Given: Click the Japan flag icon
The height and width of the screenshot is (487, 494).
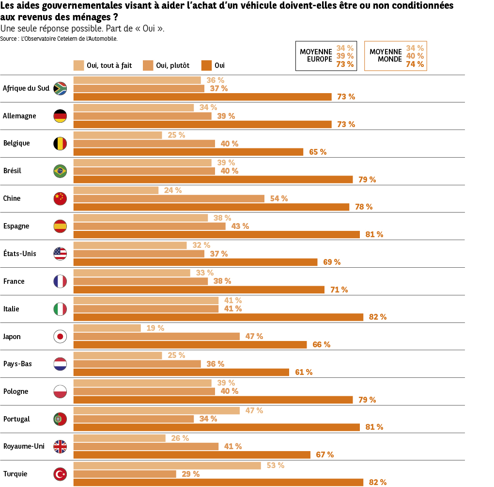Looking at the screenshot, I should point(60,336).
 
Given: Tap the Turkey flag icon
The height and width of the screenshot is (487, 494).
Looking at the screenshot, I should point(60,474).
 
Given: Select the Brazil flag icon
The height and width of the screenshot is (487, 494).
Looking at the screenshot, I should point(60,171).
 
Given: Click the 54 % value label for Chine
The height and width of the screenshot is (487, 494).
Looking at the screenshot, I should point(278,198).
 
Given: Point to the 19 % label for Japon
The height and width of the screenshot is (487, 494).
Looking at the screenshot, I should point(155,328).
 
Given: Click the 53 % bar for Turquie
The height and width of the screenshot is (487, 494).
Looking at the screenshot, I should point(167,466).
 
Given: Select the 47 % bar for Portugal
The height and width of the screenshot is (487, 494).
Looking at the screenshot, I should point(156,410).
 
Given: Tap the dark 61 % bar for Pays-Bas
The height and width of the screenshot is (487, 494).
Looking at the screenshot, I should point(181,372).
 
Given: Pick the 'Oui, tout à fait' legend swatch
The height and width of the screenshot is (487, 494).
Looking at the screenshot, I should point(78,65).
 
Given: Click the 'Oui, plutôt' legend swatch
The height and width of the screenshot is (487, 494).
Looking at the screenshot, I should point(148,65).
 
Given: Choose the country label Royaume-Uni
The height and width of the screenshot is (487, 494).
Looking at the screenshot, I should point(24,446).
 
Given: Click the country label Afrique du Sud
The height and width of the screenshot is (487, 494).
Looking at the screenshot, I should point(26,88).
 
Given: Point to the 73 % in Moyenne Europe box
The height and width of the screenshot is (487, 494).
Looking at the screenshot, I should point(345,64).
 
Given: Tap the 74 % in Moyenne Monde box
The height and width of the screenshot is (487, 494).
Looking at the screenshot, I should point(415,64).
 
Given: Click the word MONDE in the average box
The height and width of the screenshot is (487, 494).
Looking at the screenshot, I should point(390,59).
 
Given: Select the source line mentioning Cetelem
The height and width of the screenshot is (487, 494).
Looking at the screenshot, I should point(59,38).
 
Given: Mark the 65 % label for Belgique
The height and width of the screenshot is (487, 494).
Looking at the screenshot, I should point(318,152).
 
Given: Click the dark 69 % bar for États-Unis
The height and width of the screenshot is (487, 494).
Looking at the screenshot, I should point(195,262).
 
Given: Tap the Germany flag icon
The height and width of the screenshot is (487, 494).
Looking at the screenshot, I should point(60,116).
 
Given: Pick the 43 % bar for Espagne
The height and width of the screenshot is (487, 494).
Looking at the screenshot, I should point(149,226).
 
